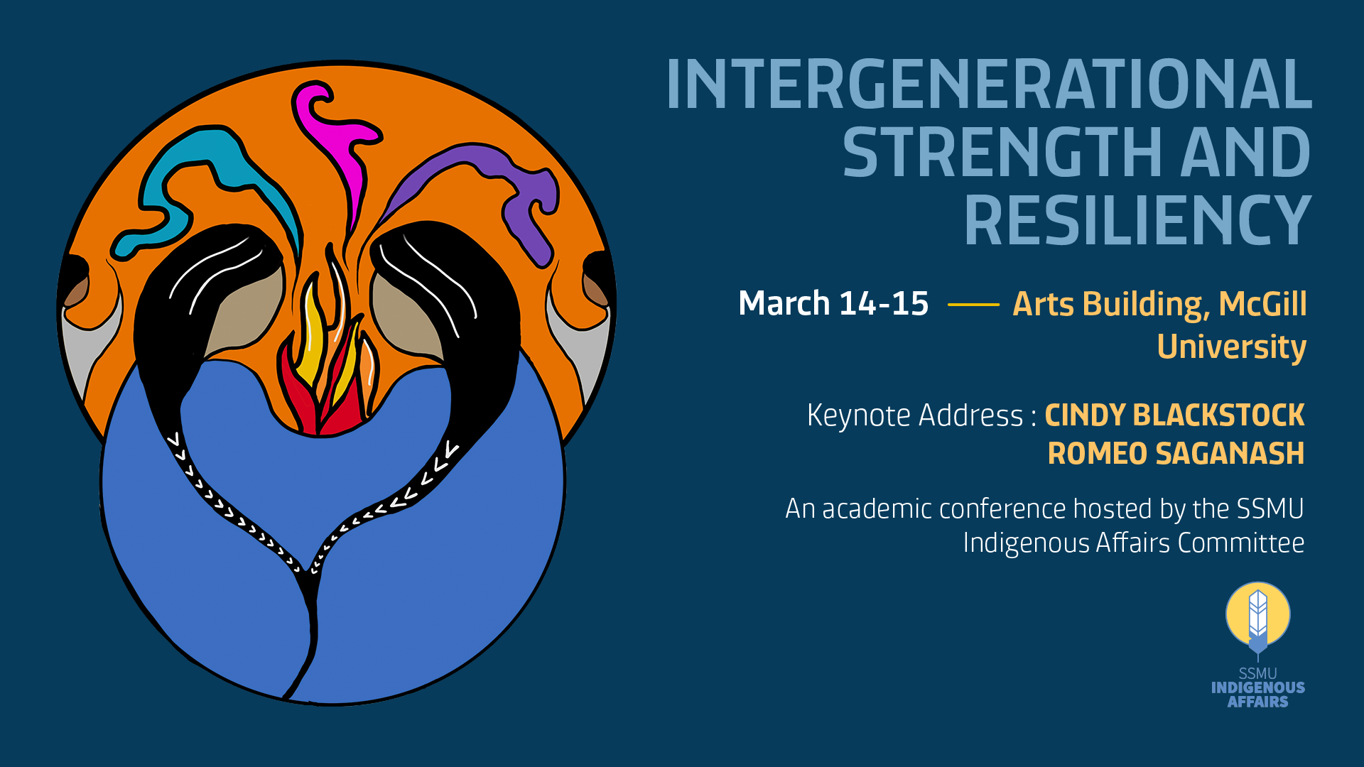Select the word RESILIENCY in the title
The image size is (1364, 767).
pos(1137,220)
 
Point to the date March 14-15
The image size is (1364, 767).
pos(833,303)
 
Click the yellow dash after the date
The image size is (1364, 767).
pos(973,305)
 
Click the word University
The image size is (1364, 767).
pos(1232,347)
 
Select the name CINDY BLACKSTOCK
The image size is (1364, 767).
pos(1174,415)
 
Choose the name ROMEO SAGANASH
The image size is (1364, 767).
pos(1176,454)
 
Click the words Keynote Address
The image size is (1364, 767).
pos(915,415)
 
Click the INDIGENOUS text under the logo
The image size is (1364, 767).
pos(1258,687)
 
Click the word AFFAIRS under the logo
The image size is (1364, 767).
pos(1258,702)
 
